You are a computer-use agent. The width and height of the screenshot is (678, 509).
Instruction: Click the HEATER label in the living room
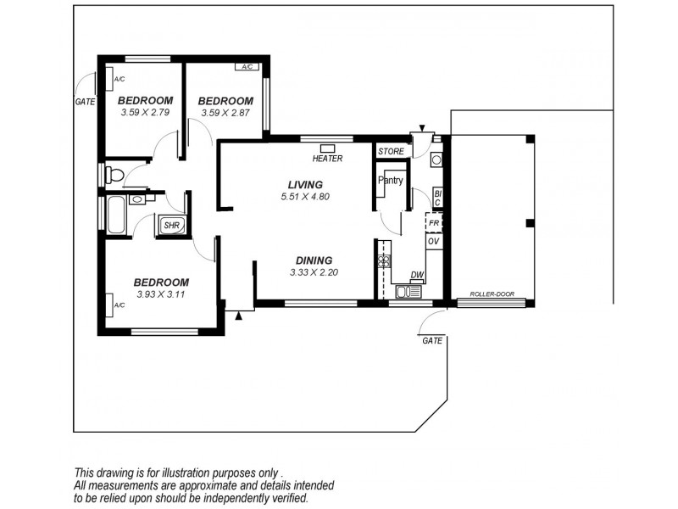tap(327, 159)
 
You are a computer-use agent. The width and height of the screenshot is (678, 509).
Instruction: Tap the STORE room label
tap(391, 151)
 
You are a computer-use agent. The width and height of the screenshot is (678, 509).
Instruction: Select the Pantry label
tap(390, 180)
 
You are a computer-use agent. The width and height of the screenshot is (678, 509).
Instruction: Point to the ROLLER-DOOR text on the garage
tap(492, 296)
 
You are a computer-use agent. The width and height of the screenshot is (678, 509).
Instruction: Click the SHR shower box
tap(170, 226)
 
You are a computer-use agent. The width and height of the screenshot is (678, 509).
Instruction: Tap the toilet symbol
tap(115, 175)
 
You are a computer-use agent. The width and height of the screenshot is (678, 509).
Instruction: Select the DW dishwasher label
tap(416, 275)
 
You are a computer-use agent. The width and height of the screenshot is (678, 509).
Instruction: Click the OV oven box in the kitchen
tap(433, 242)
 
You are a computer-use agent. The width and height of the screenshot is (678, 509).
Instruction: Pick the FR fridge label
tap(433, 223)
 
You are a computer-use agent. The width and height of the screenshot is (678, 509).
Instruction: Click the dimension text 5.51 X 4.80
tap(304, 197)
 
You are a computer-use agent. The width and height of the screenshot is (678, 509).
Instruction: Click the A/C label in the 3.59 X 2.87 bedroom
tap(247, 66)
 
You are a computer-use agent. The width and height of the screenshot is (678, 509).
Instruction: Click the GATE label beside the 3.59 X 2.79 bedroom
tap(84, 101)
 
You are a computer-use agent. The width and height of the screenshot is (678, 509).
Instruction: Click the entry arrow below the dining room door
tap(239, 316)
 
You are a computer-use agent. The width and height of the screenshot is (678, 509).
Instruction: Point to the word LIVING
tap(305, 184)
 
